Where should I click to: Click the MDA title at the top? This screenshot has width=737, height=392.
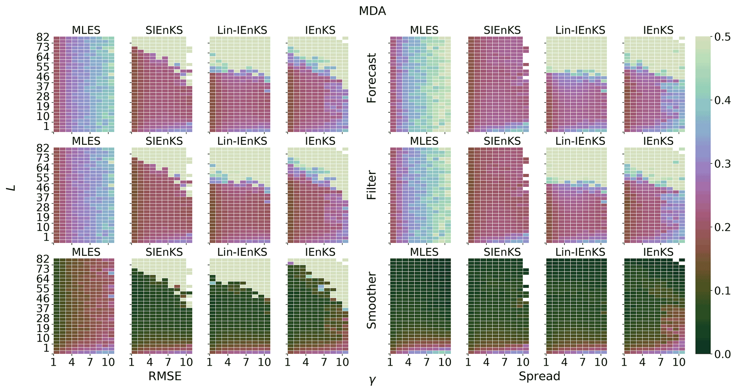point(372,11)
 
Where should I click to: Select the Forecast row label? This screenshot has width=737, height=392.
point(372,78)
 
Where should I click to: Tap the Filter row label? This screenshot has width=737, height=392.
point(372,185)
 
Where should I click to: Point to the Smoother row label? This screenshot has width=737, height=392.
point(372,300)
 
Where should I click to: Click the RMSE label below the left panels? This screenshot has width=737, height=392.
point(165,376)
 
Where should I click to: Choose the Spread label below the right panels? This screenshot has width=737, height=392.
point(539,376)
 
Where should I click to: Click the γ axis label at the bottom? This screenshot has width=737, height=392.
point(372,381)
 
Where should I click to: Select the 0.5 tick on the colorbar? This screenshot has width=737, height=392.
point(722,37)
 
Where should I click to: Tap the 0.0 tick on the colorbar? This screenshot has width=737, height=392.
point(722,354)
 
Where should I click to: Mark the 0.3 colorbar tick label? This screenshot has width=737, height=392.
point(722,164)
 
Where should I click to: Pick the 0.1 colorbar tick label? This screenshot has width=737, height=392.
point(722,291)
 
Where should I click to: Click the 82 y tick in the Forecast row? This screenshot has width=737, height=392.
point(42,37)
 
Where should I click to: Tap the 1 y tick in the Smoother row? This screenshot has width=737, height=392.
point(46,348)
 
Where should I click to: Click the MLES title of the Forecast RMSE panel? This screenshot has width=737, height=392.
point(86,30)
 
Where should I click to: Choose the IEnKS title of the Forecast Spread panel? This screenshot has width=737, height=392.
point(658,30)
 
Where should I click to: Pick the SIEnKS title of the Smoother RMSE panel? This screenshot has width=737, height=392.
point(164,252)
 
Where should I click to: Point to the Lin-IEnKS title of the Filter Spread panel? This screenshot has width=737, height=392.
point(580,141)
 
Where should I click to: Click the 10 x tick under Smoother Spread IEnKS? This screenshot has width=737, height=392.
point(679,362)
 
